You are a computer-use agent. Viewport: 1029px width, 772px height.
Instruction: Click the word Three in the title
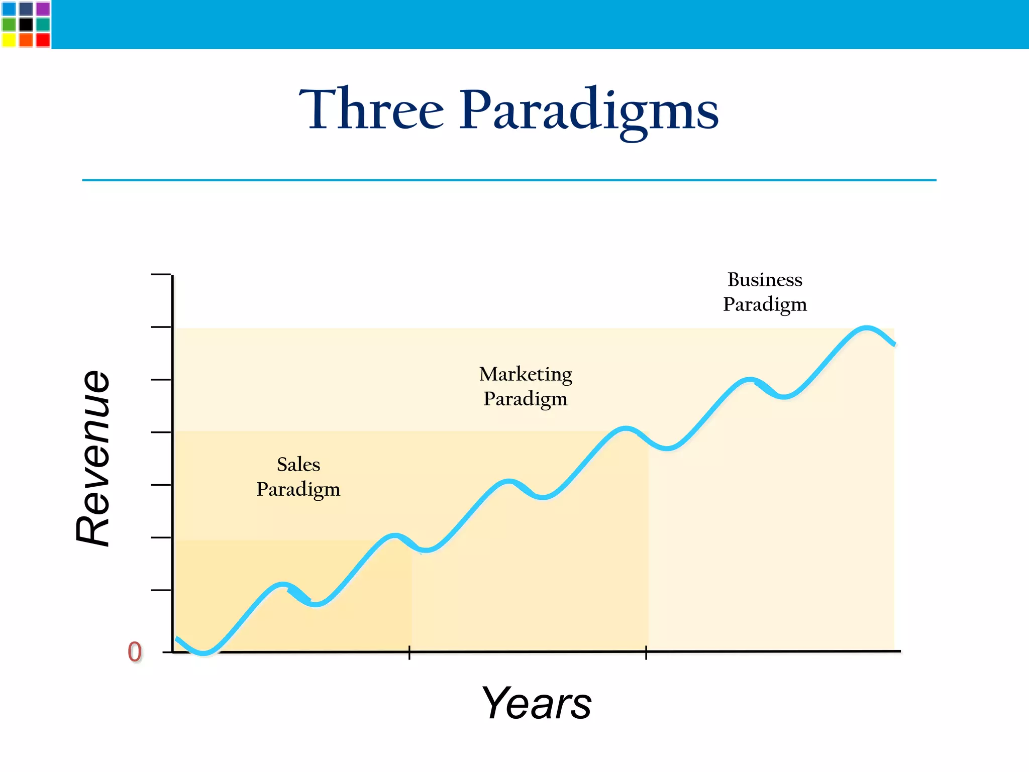tap(371, 109)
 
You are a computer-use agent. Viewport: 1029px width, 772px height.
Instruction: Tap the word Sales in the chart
tap(298, 465)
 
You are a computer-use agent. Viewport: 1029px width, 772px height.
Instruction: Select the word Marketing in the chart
tap(526, 374)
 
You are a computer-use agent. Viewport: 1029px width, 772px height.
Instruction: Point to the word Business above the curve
tap(765, 280)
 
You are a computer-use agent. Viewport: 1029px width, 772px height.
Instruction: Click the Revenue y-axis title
tap(93, 458)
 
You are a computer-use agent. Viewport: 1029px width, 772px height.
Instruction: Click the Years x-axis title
tap(536, 703)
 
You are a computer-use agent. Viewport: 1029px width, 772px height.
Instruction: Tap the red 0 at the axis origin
tap(135, 652)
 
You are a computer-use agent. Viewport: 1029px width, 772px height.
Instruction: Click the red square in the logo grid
tap(43, 40)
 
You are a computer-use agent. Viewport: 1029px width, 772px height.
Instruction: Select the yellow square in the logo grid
tap(9, 40)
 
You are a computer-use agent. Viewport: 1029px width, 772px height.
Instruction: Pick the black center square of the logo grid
tap(26, 24)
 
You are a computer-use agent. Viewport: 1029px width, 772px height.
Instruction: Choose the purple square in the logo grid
tap(43, 9)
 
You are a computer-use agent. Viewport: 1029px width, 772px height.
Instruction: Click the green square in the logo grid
tap(9, 24)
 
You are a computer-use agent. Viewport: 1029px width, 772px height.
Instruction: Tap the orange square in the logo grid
tap(26, 40)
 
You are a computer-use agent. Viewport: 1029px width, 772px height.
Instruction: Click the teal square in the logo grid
tap(43, 24)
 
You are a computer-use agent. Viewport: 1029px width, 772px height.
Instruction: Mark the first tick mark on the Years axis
tap(409, 652)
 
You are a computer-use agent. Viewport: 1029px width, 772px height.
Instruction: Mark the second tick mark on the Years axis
tap(646, 652)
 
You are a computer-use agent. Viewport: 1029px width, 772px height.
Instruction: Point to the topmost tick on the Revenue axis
tap(161, 275)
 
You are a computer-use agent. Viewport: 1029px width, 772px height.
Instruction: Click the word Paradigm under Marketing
tap(526, 399)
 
